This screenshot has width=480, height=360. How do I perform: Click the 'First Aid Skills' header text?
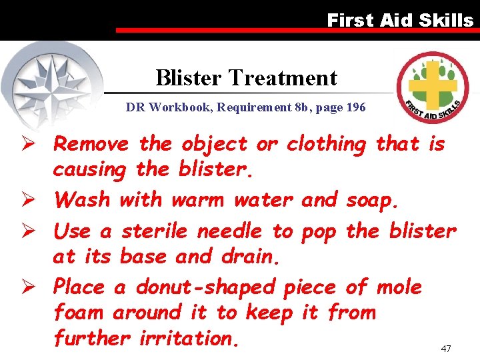pos(400,20)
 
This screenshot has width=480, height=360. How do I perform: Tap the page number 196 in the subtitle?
pos(356,107)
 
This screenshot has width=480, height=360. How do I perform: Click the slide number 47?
pos(446,349)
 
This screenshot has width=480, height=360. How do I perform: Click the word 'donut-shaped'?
pos(205,288)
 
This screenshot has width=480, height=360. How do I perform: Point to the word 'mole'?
pos(399,287)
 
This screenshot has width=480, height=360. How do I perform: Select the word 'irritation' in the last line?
pos(189,338)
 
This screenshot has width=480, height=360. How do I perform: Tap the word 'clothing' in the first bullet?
pos(327,144)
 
